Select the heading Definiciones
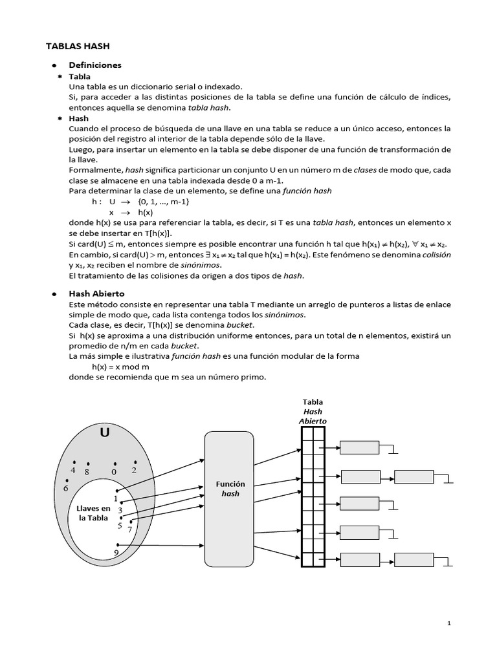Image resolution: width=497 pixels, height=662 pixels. (x=95, y=65)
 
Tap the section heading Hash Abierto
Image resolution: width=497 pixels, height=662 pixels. (x=96, y=294)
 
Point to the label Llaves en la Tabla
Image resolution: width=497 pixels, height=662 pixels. (x=93, y=513)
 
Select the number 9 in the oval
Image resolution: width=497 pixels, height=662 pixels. (x=116, y=553)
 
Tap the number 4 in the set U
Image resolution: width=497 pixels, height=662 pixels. (x=74, y=471)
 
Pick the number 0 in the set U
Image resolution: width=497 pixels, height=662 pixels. (x=114, y=472)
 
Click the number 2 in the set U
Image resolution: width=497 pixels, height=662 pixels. (x=134, y=470)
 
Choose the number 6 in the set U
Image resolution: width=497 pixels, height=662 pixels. (x=65, y=488)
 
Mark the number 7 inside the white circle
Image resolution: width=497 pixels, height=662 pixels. (x=129, y=529)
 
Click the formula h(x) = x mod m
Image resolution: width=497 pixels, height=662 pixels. (x=120, y=367)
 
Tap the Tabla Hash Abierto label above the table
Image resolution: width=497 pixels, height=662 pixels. (x=313, y=411)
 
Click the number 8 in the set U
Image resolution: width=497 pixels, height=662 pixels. (x=86, y=472)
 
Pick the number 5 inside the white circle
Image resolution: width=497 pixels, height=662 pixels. (x=120, y=526)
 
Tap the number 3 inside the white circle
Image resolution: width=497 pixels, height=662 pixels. (x=120, y=510)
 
